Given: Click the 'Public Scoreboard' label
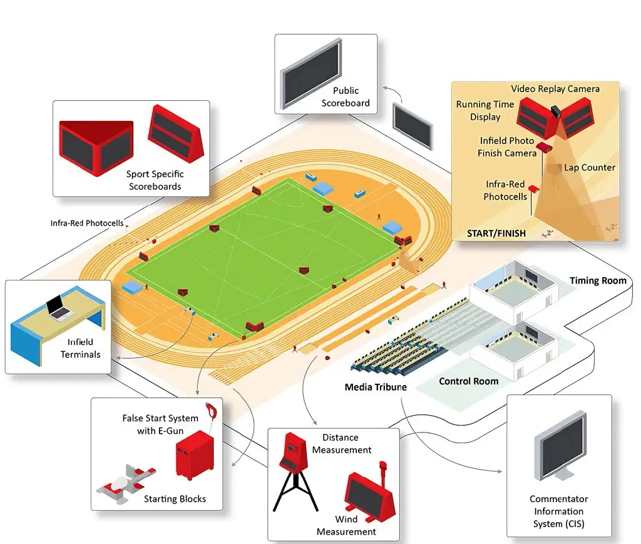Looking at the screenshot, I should click(346, 97).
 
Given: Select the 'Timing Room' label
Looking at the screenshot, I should click(598, 281).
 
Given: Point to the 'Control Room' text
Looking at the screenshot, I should click(468, 381).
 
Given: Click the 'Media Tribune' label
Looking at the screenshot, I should click(376, 387).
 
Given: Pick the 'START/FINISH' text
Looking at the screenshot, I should click(496, 234).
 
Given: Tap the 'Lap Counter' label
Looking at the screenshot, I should click(590, 168).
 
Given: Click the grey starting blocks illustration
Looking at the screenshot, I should click(125, 482).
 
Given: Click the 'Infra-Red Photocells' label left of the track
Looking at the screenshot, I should click(87, 223).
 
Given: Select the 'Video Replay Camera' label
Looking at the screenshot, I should click(555, 89).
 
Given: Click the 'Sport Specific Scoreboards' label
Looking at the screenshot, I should click(155, 180).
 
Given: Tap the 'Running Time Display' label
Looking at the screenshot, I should click(485, 111).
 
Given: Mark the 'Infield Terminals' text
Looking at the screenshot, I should click(80, 348).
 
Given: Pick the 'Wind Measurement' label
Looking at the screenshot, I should click(346, 525).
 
